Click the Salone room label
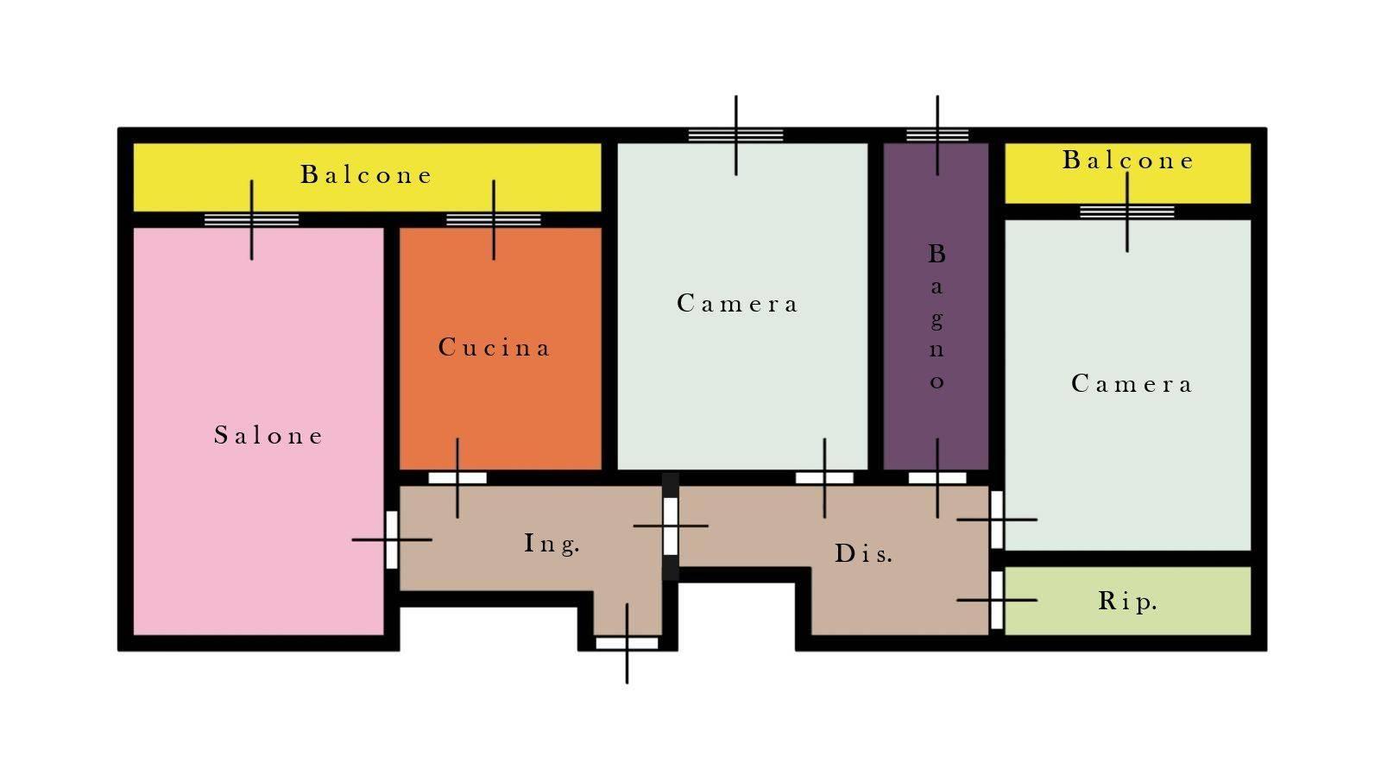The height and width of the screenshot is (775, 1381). tap(268, 435)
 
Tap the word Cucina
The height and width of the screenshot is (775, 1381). tap(493, 347)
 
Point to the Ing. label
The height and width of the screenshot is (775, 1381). tap(552, 544)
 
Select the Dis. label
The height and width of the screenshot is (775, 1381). tap(863, 554)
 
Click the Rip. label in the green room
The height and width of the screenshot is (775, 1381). tap(1127, 602)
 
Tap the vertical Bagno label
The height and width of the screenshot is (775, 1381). tap(937, 316)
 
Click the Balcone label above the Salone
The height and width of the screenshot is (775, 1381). tap(366, 174)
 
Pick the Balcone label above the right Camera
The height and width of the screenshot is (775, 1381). tap(1127, 160)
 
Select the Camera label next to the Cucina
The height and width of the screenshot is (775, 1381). tap(737, 303)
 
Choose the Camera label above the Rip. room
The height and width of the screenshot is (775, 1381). tap(1132, 383)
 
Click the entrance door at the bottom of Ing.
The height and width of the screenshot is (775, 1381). tap(627, 644)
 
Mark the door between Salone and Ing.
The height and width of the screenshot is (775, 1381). tap(392, 540)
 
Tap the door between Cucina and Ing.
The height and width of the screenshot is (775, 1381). tap(457, 478)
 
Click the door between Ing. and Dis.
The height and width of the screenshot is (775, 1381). tap(670, 526)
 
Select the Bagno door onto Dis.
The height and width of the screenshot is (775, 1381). tap(937, 478)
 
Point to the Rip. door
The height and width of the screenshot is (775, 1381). tap(996, 600)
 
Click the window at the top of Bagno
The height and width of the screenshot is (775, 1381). tap(937, 135)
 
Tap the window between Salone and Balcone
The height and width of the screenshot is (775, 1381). tap(251, 219)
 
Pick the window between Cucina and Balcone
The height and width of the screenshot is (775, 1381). tap(493, 219)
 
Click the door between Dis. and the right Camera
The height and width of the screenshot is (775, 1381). tap(996, 520)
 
